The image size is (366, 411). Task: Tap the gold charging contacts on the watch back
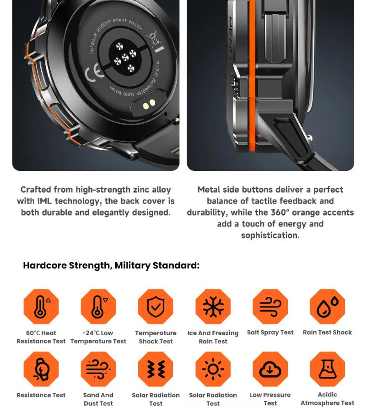click(x=149, y=105)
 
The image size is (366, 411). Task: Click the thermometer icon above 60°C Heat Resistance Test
click(x=41, y=306)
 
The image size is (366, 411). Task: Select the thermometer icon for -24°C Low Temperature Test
click(x=98, y=306)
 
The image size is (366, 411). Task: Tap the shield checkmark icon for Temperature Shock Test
click(x=156, y=306)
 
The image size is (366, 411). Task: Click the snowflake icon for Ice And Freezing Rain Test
click(x=213, y=306)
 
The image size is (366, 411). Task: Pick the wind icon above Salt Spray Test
click(x=270, y=306)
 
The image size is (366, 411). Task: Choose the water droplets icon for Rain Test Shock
click(x=327, y=306)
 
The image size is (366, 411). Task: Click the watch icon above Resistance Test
click(x=41, y=369)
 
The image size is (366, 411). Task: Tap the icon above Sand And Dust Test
click(x=98, y=369)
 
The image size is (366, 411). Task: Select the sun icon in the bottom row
click(x=213, y=369)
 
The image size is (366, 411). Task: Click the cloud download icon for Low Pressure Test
click(x=270, y=369)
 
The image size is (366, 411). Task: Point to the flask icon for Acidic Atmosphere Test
click(x=327, y=369)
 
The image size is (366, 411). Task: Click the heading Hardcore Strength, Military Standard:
click(x=111, y=266)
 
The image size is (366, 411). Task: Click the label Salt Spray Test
click(x=270, y=332)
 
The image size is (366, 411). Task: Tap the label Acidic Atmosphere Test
click(x=327, y=399)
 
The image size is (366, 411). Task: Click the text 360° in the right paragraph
click(x=280, y=212)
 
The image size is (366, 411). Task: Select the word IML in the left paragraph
click(x=44, y=201)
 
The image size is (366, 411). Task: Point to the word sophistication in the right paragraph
click(x=269, y=235)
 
